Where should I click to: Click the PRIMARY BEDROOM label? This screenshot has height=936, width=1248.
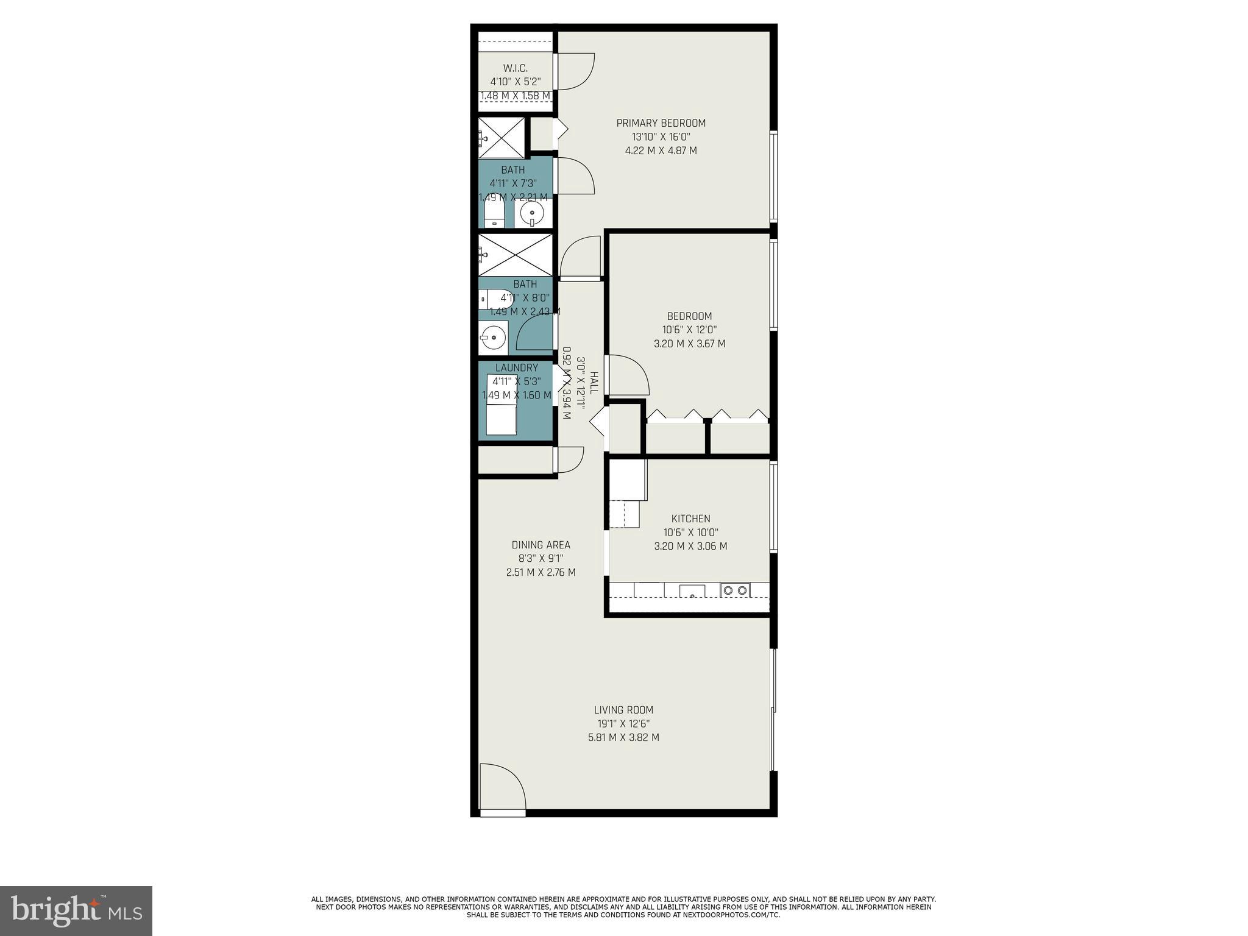point(661,123)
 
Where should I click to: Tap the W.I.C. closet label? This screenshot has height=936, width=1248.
point(515,68)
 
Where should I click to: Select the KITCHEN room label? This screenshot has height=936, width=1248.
point(690,519)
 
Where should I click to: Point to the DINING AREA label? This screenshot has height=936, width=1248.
point(541,545)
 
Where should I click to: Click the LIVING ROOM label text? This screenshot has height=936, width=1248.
point(623,710)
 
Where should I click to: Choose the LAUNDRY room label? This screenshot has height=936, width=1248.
point(516,368)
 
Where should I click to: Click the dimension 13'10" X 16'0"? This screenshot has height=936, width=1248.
point(661,137)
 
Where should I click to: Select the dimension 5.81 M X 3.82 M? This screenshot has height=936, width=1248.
point(623,737)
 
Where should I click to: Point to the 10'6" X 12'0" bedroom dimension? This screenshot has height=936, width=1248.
point(689,330)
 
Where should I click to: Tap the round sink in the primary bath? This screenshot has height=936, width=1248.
point(532,213)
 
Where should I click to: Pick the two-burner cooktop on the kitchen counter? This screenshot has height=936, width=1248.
point(734,590)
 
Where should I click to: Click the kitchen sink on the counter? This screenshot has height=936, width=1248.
point(692,591)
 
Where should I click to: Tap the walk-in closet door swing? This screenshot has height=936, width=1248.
point(574,71)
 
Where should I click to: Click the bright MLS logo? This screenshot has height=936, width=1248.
point(76,910)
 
